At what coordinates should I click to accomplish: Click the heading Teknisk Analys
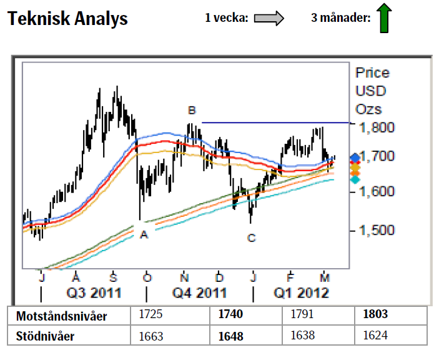pyautogui.click(x=67, y=19)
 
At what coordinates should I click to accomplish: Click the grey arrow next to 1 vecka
pyautogui.click(x=269, y=19)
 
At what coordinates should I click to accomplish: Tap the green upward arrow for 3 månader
pyautogui.click(x=383, y=18)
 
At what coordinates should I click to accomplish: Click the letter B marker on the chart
pyautogui.click(x=192, y=111)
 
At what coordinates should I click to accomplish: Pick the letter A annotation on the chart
pyautogui.click(x=144, y=234)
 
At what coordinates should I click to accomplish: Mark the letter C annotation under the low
pyautogui.click(x=251, y=237)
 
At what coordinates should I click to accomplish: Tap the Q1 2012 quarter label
pyautogui.click(x=302, y=292)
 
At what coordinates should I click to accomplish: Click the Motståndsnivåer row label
pyautogui.click(x=61, y=316)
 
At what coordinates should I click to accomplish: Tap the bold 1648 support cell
pyautogui.click(x=230, y=336)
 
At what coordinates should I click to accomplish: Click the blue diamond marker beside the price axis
pyautogui.click(x=356, y=157)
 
